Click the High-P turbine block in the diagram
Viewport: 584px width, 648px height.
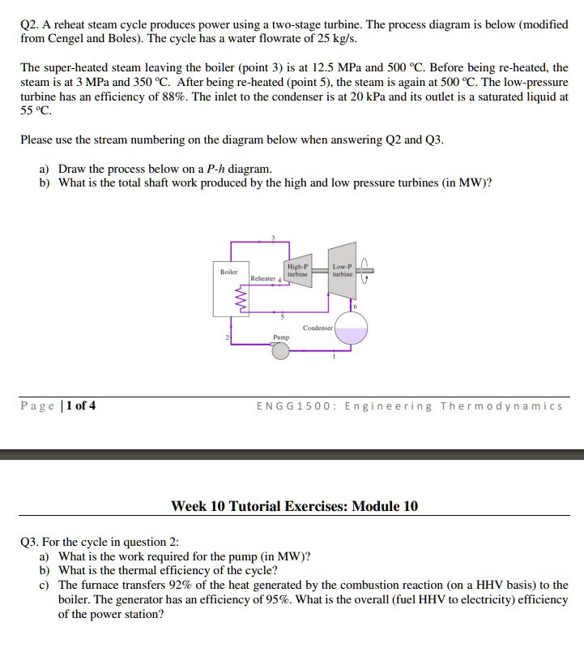(x=297, y=269)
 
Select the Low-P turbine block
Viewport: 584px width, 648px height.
(x=343, y=269)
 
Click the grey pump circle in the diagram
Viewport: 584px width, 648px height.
(x=281, y=350)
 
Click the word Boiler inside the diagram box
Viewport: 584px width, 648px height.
(x=229, y=273)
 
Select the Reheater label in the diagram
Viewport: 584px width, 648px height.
(x=262, y=278)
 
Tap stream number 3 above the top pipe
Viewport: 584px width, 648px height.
(x=274, y=237)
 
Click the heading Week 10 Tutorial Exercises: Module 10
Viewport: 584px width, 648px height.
(x=295, y=506)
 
